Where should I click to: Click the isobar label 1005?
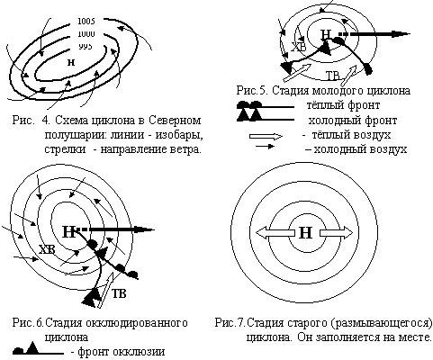point(86,22)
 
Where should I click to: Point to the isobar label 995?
point(86,47)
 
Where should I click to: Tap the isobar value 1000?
point(86,34)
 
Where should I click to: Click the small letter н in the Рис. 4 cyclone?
point(71,62)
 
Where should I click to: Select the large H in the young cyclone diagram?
point(326,35)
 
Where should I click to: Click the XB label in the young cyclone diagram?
point(299,47)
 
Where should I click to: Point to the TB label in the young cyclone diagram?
point(332,76)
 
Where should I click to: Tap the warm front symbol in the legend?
point(266,105)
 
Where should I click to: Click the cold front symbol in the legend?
point(266,116)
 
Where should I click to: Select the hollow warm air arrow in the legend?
point(266,137)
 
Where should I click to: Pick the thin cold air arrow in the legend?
point(265,147)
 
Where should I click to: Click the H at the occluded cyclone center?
point(68,231)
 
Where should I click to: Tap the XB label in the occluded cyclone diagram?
point(48,249)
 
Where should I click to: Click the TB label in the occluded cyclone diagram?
point(119,293)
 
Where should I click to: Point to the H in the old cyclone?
point(305,233)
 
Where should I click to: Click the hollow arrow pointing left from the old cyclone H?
point(275,233)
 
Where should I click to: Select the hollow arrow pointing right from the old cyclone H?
point(337,233)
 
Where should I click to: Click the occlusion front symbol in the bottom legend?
point(39,350)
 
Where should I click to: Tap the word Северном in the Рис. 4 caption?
point(175,121)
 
